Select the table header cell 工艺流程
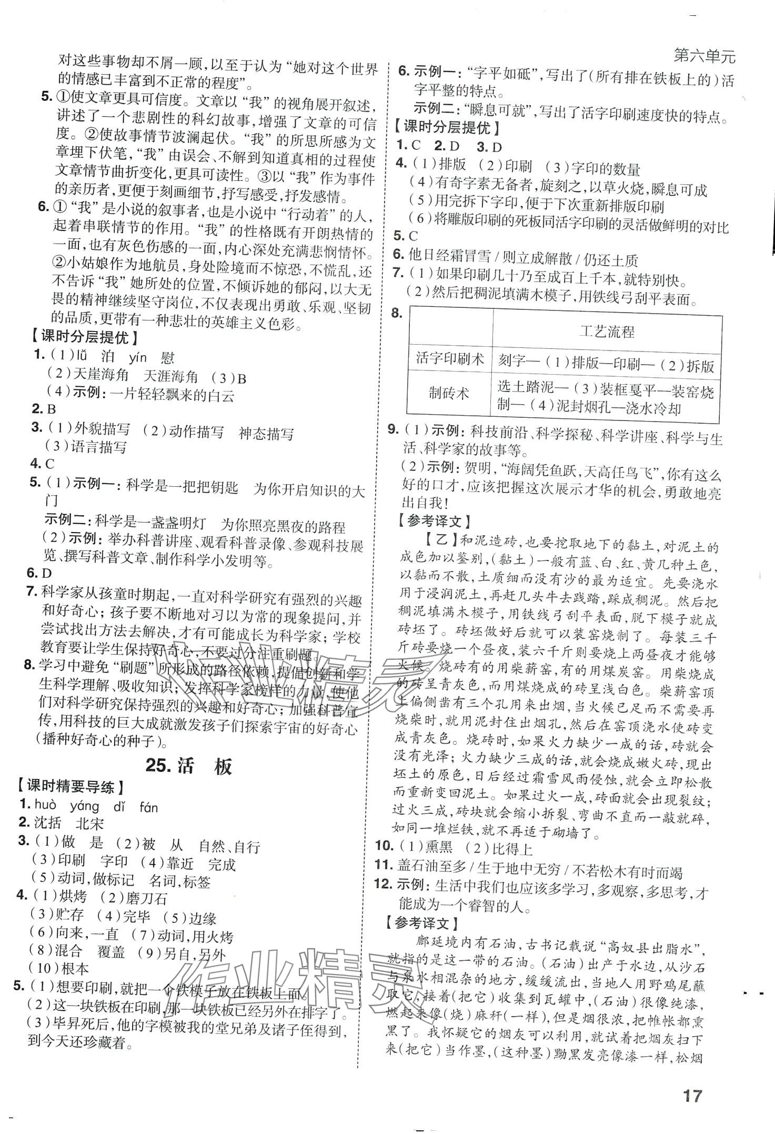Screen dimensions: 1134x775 tap(607, 331)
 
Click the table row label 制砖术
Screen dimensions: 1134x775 tap(449, 394)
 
